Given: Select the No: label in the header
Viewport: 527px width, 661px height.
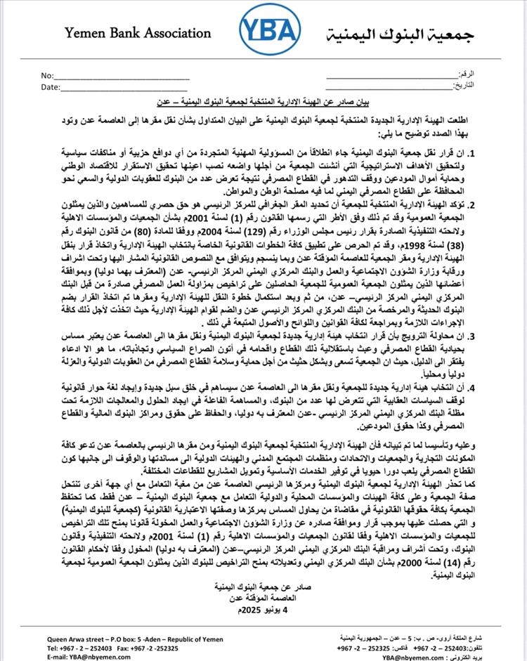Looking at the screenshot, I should click(x=47, y=75).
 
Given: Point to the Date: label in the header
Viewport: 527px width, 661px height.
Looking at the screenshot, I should click(x=50, y=87).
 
